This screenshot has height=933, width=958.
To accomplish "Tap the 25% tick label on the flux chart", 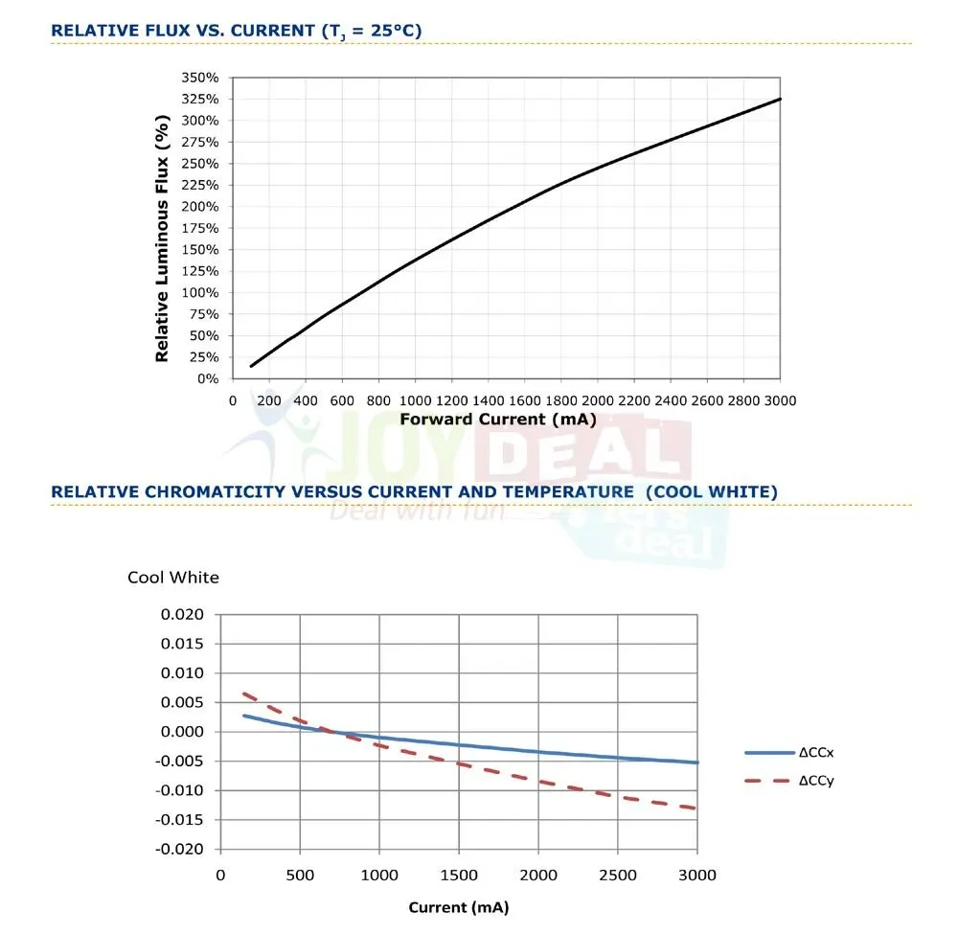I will pyautogui.click(x=206, y=357).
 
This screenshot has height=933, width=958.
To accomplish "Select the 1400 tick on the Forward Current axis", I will pyautogui.click(x=488, y=400).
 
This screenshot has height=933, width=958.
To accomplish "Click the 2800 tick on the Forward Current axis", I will pyautogui.click(x=743, y=400).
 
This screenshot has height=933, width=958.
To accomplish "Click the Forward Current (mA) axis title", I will pyautogui.click(x=498, y=419).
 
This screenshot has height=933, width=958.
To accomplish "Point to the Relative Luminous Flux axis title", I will pyautogui.click(x=162, y=238).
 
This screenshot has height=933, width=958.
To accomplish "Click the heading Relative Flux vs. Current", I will pyautogui.click(x=236, y=31).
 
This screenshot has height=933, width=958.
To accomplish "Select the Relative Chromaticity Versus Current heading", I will pyautogui.click(x=414, y=491).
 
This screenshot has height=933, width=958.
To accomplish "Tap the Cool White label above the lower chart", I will pyautogui.click(x=173, y=578).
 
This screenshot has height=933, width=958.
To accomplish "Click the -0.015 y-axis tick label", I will pyautogui.click(x=182, y=820).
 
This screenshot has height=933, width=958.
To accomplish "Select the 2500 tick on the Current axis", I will pyautogui.click(x=618, y=875).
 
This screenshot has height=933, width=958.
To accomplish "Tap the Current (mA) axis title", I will pyautogui.click(x=458, y=907).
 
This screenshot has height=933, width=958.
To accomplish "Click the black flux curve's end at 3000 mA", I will pyautogui.click(x=780, y=99).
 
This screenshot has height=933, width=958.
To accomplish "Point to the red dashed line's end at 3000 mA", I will pyautogui.click(x=696, y=808).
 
